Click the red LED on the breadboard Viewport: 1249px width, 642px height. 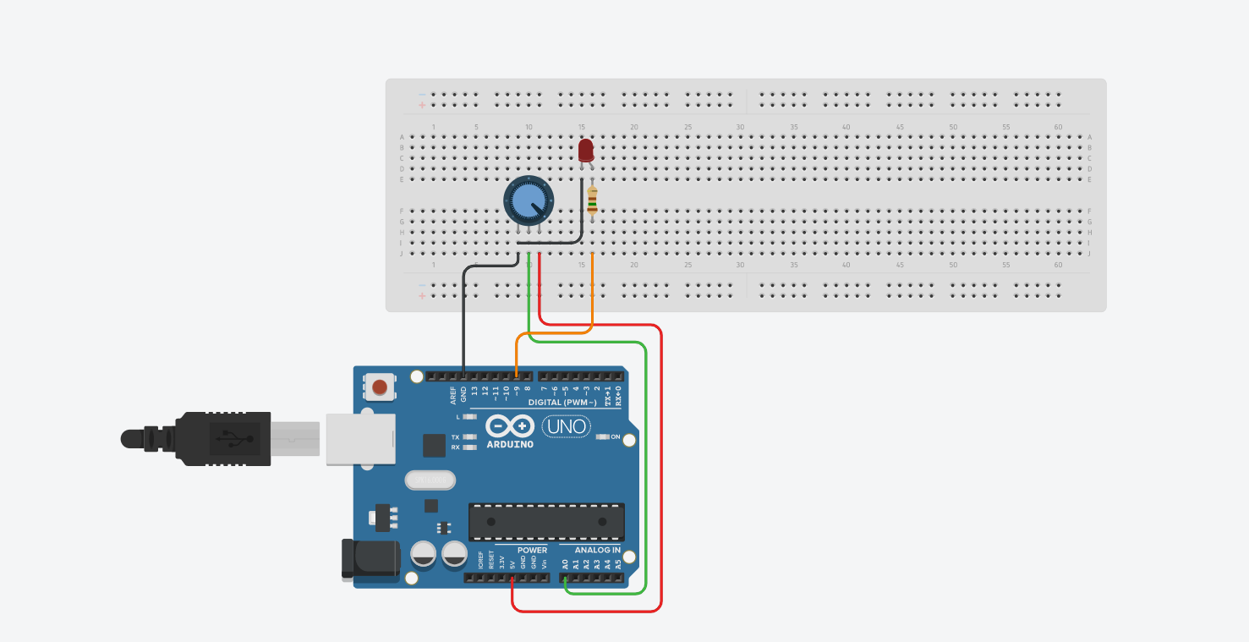click(585, 151)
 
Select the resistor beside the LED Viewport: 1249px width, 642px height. click(592, 201)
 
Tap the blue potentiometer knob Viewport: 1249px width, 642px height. click(528, 200)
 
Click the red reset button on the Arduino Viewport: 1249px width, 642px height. click(381, 387)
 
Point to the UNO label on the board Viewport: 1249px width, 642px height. click(567, 426)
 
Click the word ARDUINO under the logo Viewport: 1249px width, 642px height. click(510, 444)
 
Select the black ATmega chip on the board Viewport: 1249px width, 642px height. click(546, 522)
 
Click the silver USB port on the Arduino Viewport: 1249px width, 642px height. click(360, 438)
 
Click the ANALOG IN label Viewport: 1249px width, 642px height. click(598, 550)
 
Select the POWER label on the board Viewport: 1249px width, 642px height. click(532, 550)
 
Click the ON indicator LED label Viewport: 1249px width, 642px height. click(616, 437)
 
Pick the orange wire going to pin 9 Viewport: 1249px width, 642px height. click(554, 333)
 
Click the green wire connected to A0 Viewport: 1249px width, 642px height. click(646, 465)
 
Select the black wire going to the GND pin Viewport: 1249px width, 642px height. click(463, 321)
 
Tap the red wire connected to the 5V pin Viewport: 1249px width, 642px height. click(661, 465)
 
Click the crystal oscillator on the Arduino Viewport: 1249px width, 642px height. click(430, 480)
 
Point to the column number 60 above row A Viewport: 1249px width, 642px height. click(1058, 127)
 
